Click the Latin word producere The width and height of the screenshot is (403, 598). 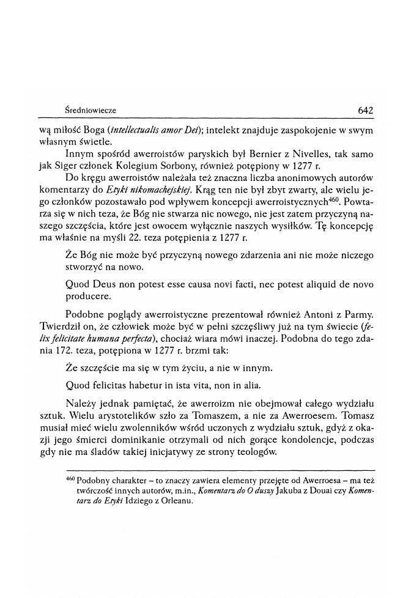point(87,297)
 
